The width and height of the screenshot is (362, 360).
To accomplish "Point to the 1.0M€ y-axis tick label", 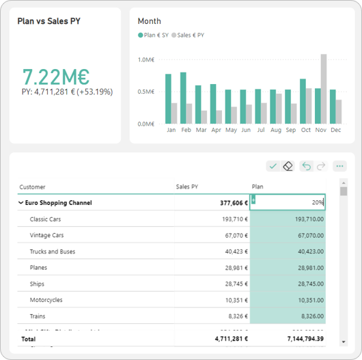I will pyautogui.click(x=145, y=60).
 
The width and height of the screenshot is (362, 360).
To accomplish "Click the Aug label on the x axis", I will pyautogui.click(x=275, y=130).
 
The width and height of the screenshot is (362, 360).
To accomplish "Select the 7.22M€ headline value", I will pyautogui.click(x=56, y=77).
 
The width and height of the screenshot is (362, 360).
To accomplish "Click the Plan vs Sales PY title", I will pyautogui.click(x=48, y=21).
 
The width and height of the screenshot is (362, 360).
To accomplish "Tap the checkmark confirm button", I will pyautogui.click(x=273, y=166).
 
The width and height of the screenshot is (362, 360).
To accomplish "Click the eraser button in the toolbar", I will pyautogui.click(x=288, y=166).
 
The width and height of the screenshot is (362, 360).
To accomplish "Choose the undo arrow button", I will pyautogui.click(x=307, y=166).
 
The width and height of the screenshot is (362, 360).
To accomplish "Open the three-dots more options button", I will pyautogui.click(x=339, y=166).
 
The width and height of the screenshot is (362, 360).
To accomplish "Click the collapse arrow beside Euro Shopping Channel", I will pyautogui.click(x=22, y=203).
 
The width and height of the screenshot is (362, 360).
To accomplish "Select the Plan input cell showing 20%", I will pyautogui.click(x=288, y=202).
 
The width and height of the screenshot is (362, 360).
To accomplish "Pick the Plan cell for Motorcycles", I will pyautogui.click(x=288, y=300).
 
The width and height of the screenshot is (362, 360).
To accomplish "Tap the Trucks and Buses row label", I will pyautogui.click(x=53, y=251).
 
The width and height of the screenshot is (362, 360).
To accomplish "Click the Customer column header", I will pyautogui.click(x=33, y=186).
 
